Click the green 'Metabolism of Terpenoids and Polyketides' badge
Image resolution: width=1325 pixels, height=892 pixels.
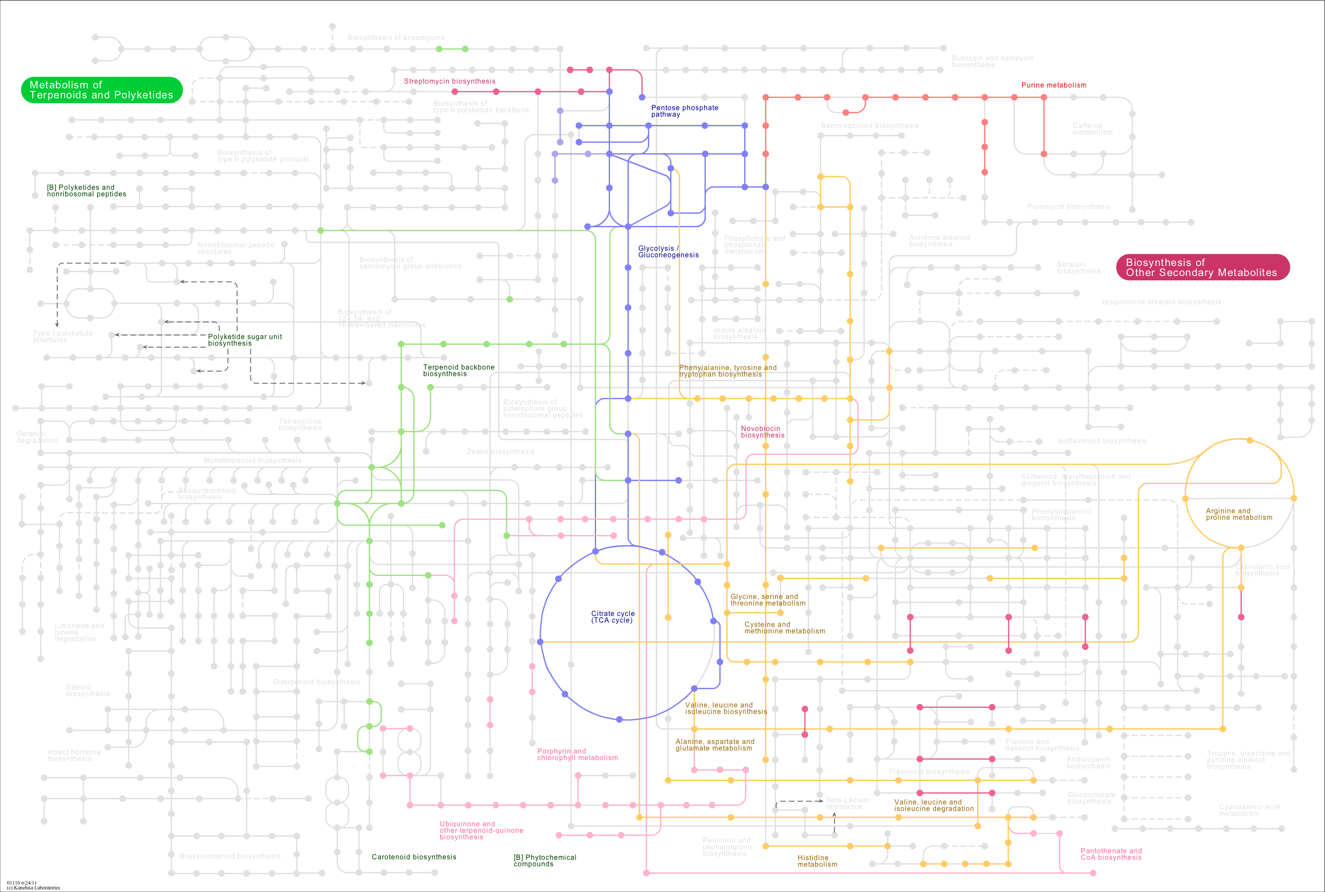tap(101, 90)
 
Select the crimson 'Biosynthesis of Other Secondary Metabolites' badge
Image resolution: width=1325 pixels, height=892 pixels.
tap(1202, 267)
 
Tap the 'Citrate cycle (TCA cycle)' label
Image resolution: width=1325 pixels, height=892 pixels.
tap(612, 617)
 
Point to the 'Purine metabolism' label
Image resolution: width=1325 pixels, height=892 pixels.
tap(1054, 85)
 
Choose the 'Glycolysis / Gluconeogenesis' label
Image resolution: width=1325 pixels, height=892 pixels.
tap(668, 252)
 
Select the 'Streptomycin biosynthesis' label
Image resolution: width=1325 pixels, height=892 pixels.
tap(449, 81)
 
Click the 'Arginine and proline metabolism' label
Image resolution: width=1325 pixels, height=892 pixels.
tap(1238, 514)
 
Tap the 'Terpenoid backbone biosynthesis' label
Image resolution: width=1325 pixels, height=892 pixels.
tap(458, 370)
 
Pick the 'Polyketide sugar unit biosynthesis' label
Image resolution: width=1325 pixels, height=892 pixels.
tap(244, 340)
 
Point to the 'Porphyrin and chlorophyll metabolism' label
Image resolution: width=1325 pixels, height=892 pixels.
tap(577, 754)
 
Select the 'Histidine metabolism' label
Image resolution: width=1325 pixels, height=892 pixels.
tap(816, 861)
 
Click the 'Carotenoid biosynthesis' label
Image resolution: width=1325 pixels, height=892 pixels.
tap(414, 857)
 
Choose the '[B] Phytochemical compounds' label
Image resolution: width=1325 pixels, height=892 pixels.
tap(544, 860)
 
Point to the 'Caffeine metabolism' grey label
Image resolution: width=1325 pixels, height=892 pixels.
tap(1092, 128)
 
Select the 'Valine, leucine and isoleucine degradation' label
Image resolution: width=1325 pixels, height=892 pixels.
tap(933, 805)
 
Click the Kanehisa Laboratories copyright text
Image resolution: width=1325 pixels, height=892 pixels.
tap(33, 888)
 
